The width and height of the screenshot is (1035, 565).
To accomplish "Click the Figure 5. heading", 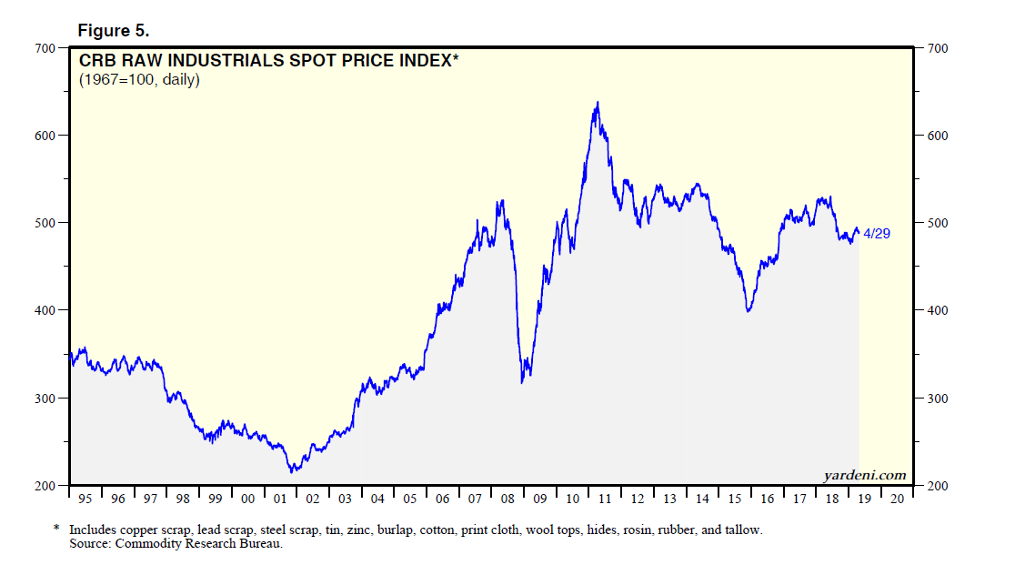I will pos(113,30).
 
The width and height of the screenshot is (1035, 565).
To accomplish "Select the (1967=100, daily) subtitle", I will pos(139,79).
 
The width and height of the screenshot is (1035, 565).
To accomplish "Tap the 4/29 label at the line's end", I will pos(877,234).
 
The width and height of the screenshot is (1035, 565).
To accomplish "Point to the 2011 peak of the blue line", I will pos(598,102).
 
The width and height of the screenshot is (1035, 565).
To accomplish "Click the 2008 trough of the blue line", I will pos(521,382).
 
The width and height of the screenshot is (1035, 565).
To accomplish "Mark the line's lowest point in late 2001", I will pos(292,471).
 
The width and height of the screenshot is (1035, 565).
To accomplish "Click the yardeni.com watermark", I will pos(864,475).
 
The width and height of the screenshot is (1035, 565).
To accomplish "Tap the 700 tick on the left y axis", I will pos(45,47).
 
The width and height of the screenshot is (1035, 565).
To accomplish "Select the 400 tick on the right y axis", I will pos(938,310).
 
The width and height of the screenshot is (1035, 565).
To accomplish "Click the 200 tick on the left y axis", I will pos(45,486).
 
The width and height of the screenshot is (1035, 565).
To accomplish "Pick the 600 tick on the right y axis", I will pos(938,136).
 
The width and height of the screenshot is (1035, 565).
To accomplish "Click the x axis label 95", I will pos(85,499).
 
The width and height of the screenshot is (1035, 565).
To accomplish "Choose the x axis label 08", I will pos(507,499).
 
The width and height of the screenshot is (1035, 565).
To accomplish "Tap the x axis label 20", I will pos(897,499).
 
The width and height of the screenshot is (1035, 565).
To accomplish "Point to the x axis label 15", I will pos(735,499).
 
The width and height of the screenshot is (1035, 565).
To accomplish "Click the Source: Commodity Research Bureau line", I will pos(176,543).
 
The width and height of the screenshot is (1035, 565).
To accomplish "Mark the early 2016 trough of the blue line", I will pos(748,311).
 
